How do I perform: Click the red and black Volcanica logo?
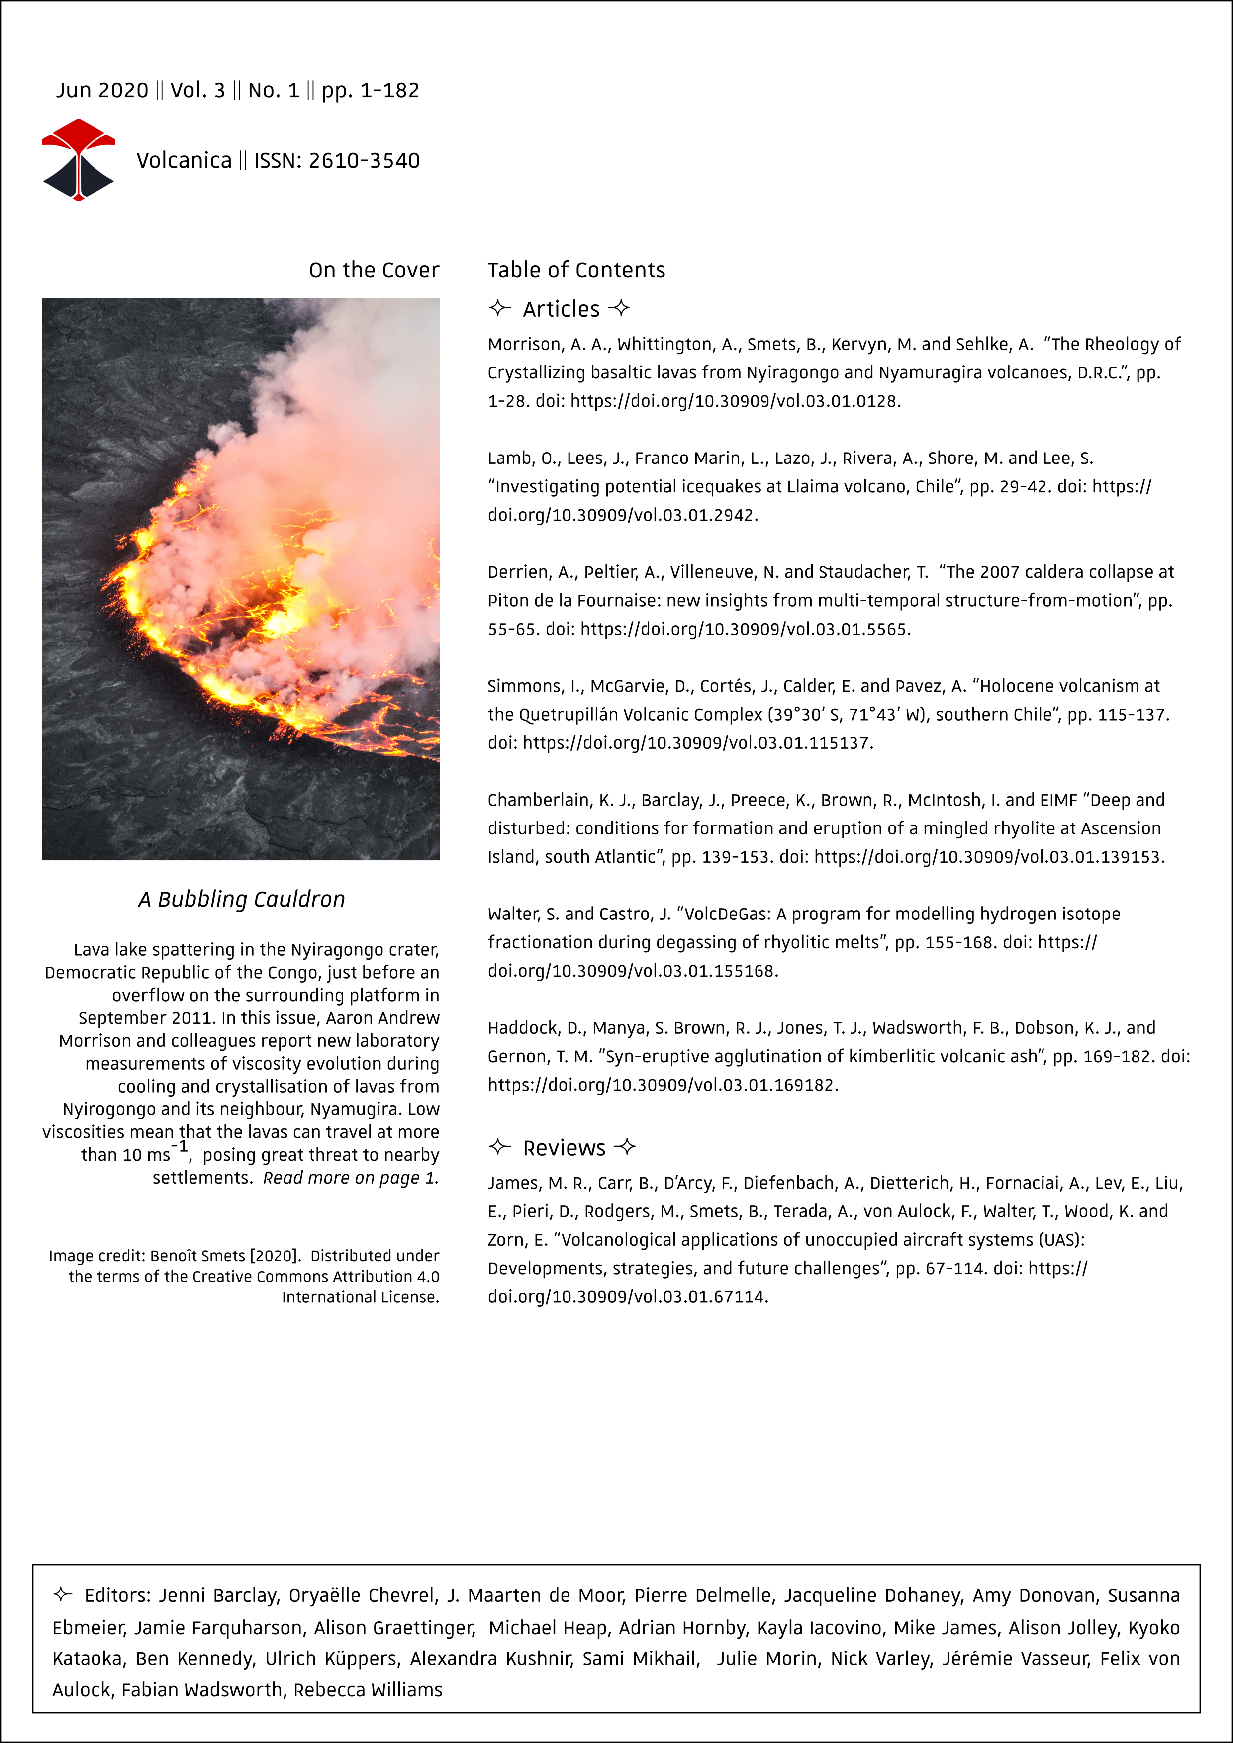click(78, 160)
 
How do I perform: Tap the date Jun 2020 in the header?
click(102, 91)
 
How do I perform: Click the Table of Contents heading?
click(576, 270)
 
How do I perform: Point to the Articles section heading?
click(561, 309)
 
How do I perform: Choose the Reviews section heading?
click(564, 1148)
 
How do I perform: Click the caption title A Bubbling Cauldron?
click(241, 899)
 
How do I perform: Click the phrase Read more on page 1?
click(351, 1178)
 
